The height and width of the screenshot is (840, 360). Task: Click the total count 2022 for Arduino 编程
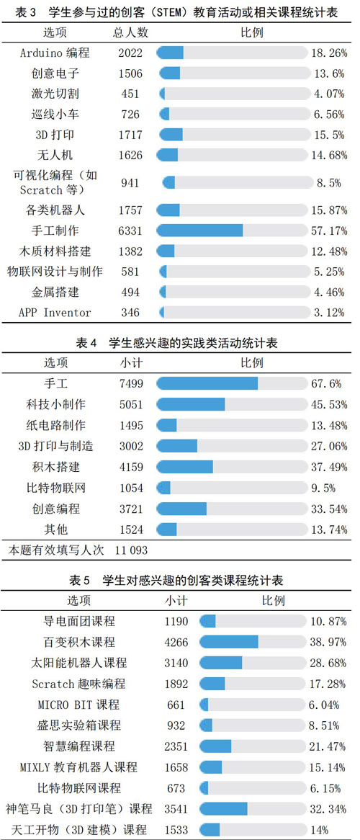pyautogui.click(x=131, y=53)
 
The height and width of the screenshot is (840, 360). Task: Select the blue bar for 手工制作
pyautogui.click(x=200, y=231)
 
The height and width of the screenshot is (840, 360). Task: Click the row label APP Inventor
pyautogui.click(x=55, y=313)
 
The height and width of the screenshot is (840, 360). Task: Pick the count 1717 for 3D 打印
pyautogui.click(x=131, y=135)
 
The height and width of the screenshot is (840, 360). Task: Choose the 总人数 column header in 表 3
pyautogui.click(x=131, y=32)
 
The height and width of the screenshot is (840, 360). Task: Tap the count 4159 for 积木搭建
pyautogui.click(x=132, y=467)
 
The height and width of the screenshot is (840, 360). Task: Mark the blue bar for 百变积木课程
pyautogui.click(x=229, y=641)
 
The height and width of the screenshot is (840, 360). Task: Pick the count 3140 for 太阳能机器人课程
pyautogui.click(x=177, y=663)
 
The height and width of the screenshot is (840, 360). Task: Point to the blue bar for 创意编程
pyautogui.click(x=181, y=509)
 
